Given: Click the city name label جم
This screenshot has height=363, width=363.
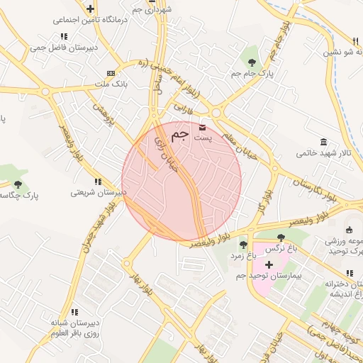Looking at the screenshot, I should (x=181, y=135).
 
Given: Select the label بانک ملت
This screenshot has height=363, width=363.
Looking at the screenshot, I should (x=110, y=84).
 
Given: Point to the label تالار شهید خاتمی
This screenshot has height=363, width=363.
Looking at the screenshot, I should (x=323, y=152).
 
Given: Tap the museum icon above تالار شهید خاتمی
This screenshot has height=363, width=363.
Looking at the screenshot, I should (x=323, y=142).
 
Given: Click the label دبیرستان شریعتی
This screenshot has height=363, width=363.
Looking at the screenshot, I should (x=99, y=192).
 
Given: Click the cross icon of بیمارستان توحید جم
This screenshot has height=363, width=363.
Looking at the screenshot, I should (x=269, y=264).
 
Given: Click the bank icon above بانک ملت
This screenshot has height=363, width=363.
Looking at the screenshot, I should (x=110, y=73).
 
